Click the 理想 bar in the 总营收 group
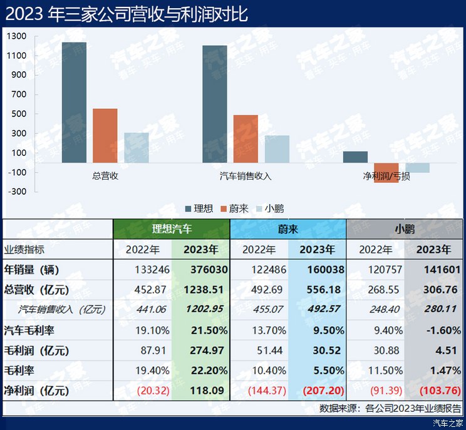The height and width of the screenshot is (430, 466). point(74,103)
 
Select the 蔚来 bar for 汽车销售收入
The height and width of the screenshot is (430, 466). point(246,139)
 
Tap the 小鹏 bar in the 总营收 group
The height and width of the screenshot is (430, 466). point(136,148)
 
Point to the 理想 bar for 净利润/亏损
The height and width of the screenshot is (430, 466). point(355,157)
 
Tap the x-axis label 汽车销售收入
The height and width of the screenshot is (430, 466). point(246,176)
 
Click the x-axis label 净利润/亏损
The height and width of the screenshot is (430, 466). point(386,176)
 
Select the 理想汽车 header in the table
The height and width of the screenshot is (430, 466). point(172,229)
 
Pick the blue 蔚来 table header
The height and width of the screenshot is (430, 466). point(288,229)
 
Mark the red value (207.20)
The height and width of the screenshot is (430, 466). point(322,391)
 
